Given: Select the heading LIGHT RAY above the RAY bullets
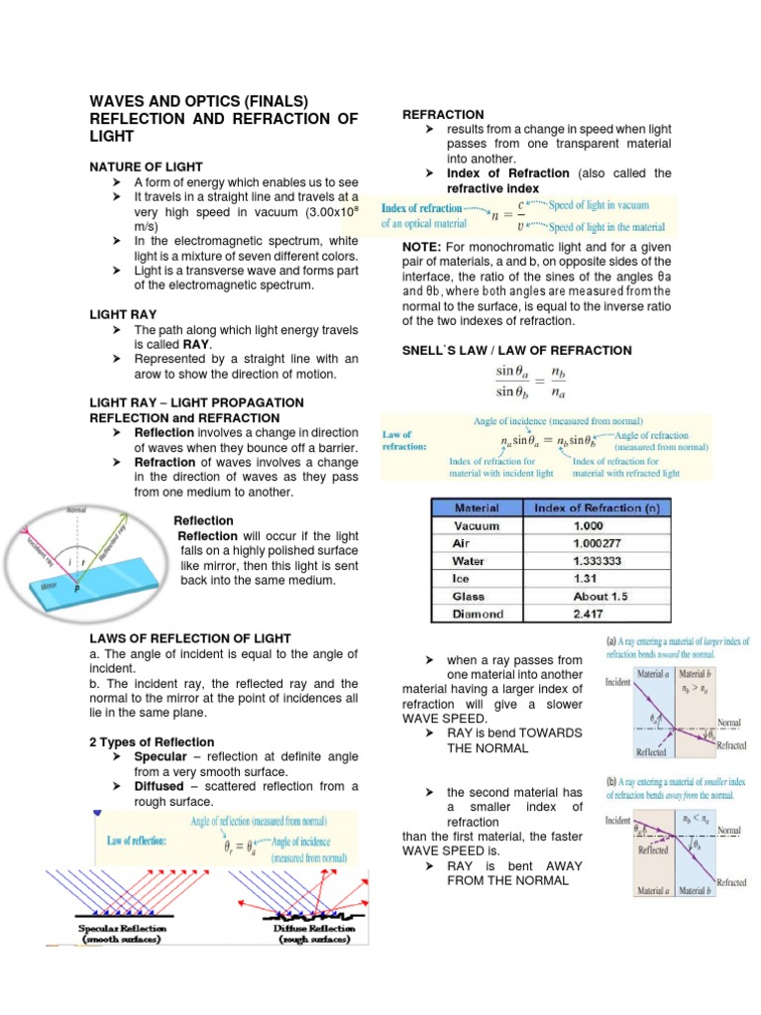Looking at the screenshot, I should tap(125, 314).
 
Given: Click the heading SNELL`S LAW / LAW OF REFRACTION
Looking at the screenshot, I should tap(516, 350).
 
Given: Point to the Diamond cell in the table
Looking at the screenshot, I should tap(478, 614).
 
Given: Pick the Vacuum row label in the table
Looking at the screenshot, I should tap(477, 526).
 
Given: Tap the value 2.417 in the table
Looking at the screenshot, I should tap(592, 614).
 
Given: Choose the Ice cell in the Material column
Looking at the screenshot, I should tap(463, 579).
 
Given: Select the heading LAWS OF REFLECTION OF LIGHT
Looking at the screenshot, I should tap(189, 638).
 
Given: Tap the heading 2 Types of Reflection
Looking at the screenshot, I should tap(151, 741).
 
